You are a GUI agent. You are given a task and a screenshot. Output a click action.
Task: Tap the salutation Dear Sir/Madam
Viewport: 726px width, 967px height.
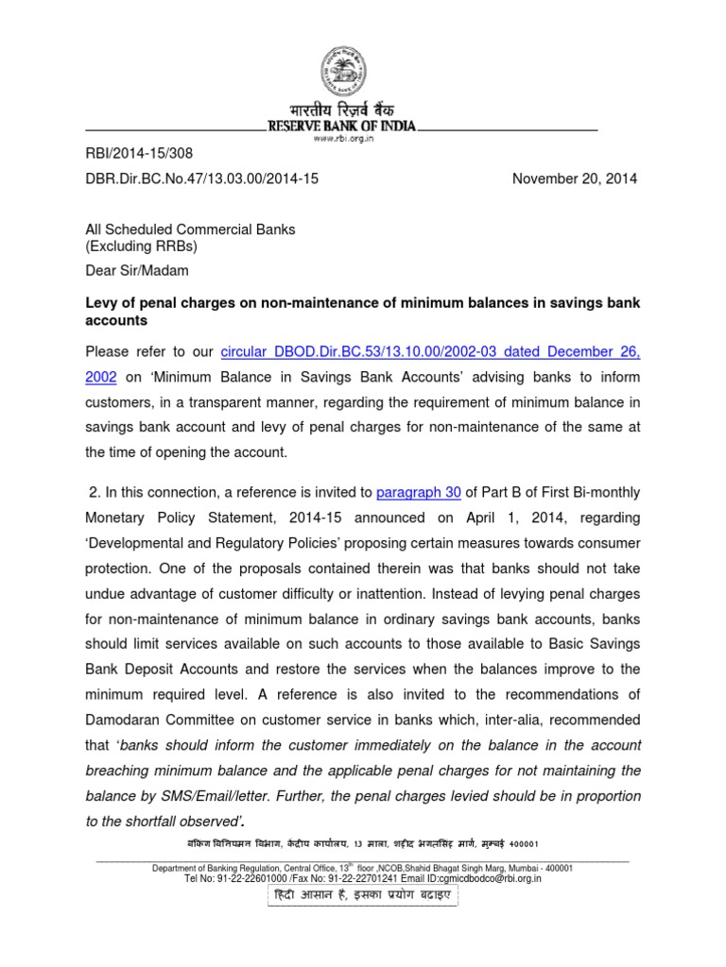pyautogui.click(x=137, y=271)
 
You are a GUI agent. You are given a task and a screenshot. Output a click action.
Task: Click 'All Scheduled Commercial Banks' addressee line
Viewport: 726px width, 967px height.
pyautogui.click(x=190, y=229)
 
